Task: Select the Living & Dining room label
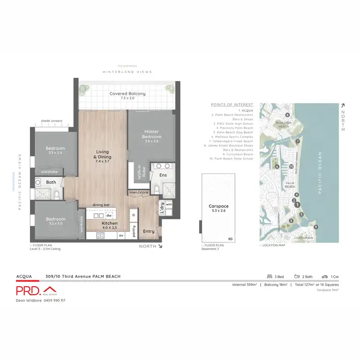(x=103, y=156)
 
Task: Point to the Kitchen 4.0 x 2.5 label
(x=109, y=225)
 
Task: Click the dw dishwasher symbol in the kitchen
(x=109, y=216)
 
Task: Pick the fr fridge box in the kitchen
(x=133, y=216)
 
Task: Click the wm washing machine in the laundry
(x=169, y=204)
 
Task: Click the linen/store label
(x=139, y=192)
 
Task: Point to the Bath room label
(x=51, y=182)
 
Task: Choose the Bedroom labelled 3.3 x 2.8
(x=55, y=151)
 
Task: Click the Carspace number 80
(x=230, y=239)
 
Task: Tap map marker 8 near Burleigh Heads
(x=287, y=115)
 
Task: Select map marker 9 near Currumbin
(x=315, y=227)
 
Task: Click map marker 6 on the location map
(x=277, y=167)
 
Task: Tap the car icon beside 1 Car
(x=324, y=276)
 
